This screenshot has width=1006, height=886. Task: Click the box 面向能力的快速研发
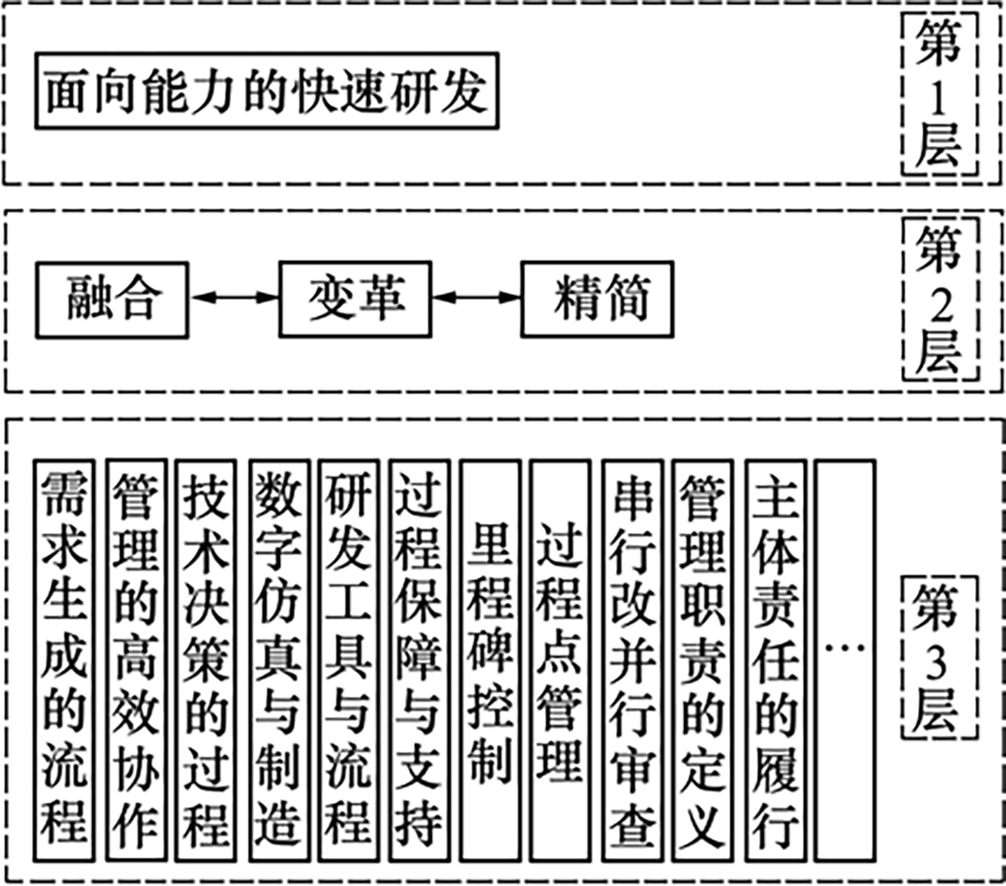point(267,91)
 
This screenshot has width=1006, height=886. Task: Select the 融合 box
point(112,299)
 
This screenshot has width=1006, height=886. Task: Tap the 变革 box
point(355,299)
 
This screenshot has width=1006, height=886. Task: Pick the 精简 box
point(597,299)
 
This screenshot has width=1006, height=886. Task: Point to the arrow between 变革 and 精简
point(476,297)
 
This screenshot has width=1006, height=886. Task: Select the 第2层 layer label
point(937,299)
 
